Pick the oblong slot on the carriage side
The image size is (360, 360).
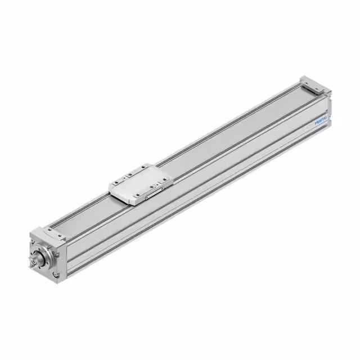152,195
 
